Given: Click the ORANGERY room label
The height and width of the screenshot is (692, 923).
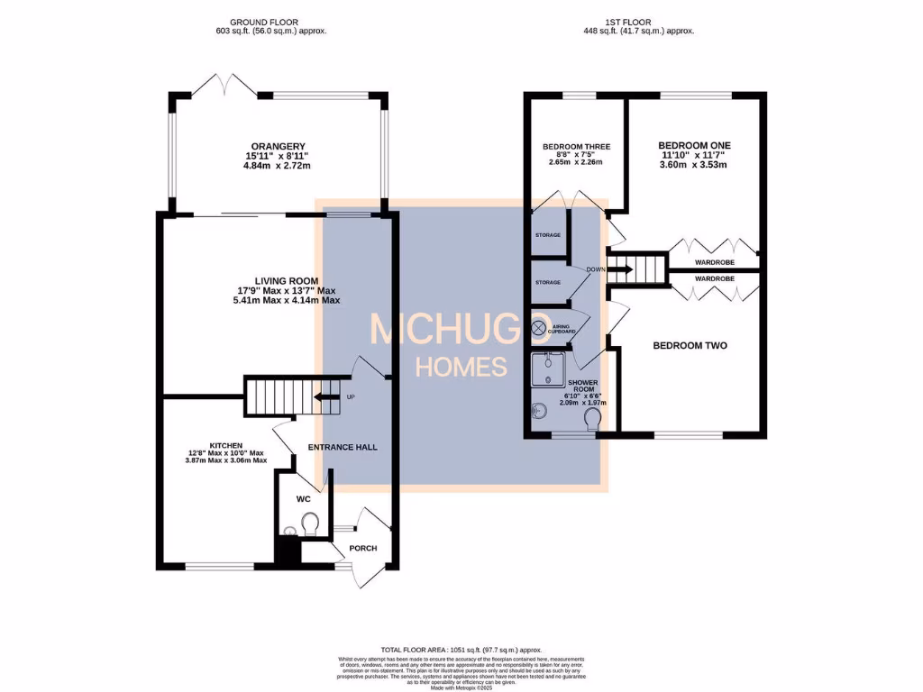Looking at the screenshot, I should (x=278, y=147).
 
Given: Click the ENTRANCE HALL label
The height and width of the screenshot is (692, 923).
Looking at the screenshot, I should (x=342, y=447).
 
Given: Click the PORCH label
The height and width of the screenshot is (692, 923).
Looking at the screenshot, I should (x=362, y=548).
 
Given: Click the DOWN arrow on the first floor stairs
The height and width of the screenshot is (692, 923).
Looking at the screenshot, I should (x=622, y=268).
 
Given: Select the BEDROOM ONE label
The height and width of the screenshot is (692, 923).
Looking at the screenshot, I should (x=694, y=145).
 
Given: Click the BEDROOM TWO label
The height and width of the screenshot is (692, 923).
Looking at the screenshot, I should (x=690, y=345).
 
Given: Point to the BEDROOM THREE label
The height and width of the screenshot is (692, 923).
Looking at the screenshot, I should (x=577, y=147).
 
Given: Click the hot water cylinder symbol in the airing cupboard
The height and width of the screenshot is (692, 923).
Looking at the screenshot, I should (x=540, y=329).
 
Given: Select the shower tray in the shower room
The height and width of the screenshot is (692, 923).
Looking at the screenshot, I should (x=549, y=372).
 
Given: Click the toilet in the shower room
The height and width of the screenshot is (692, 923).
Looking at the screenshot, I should (x=592, y=418).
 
